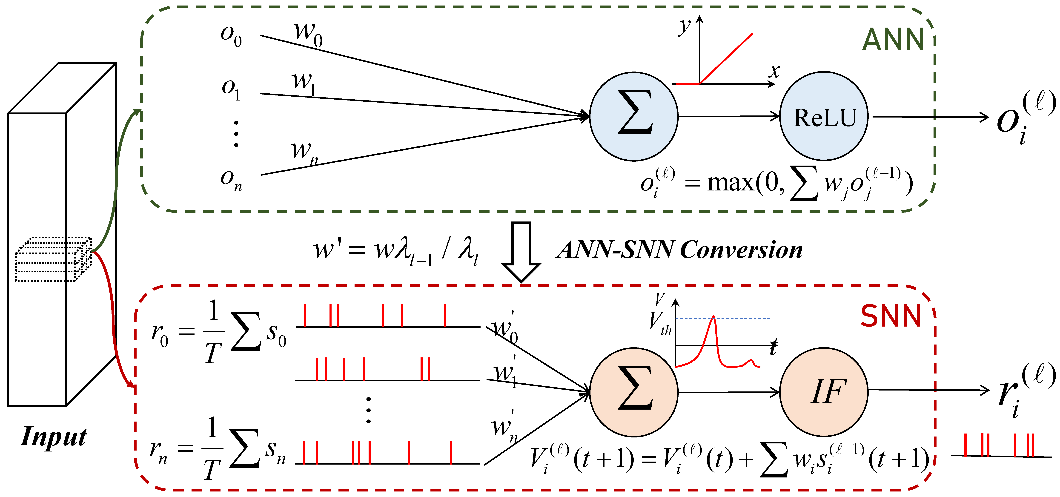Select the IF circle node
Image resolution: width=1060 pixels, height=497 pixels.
click(x=824, y=392)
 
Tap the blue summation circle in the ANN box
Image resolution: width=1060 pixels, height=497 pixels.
click(x=634, y=116)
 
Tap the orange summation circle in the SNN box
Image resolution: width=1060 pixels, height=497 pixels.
click(x=634, y=392)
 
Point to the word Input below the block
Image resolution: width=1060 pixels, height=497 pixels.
click(x=54, y=437)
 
